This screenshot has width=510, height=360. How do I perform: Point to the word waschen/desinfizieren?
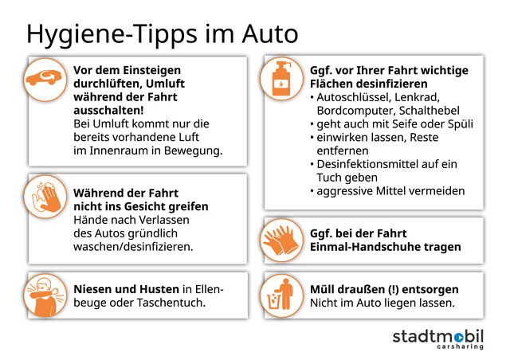click(x=133, y=247)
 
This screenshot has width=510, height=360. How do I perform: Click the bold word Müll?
click(x=324, y=288)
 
